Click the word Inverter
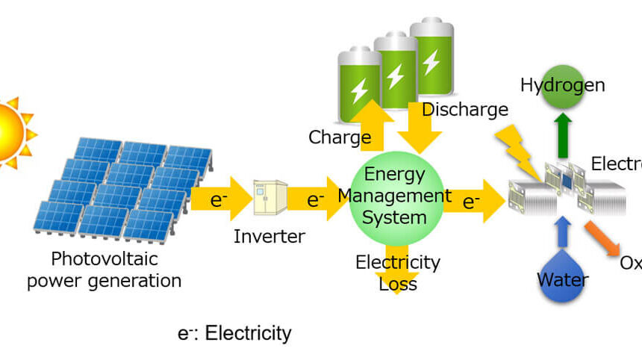269,237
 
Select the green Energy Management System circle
396,196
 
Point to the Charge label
340,137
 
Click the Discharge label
465,110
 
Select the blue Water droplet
563,277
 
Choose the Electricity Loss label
397,273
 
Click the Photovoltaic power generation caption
105,270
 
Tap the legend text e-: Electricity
234,332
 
